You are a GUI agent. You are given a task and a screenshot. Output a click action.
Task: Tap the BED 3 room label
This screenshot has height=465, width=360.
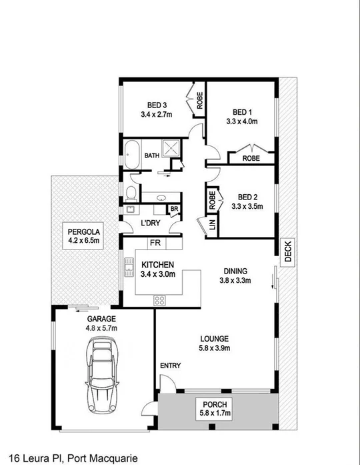pyautogui.click(x=157, y=104)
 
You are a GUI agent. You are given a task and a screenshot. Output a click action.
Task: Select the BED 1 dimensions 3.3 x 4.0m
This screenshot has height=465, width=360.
pyautogui.click(x=241, y=121)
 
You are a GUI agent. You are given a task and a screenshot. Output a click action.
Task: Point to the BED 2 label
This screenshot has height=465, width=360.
pyautogui.click(x=247, y=197)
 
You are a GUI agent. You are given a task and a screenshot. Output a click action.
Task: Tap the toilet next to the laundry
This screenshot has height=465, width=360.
pyautogui.click(x=132, y=193)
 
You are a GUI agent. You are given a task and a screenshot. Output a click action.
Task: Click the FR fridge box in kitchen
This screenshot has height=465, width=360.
pyautogui.click(x=155, y=242)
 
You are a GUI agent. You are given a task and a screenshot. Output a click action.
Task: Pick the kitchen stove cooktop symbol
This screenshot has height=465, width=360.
pyautogui.click(x=161, y=300)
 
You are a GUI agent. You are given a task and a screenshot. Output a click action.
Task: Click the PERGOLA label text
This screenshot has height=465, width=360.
pyautogui.click(x=83, y=231)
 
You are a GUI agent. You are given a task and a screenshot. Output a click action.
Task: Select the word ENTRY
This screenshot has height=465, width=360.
pyautogui.click(x=170, y=366)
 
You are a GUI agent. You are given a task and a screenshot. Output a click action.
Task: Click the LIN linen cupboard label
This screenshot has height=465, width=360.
pyautogui.click(x=212, y=225)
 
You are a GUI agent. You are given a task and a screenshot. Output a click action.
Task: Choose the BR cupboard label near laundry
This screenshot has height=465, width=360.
pyautogui.click(x=174, y=209)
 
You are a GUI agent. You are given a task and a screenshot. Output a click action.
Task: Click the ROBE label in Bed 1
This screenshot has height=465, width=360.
pyautogui.click(x=251, y=159)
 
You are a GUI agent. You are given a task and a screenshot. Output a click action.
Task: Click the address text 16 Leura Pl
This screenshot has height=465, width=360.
pyautogui.click(x=29, y=458)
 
